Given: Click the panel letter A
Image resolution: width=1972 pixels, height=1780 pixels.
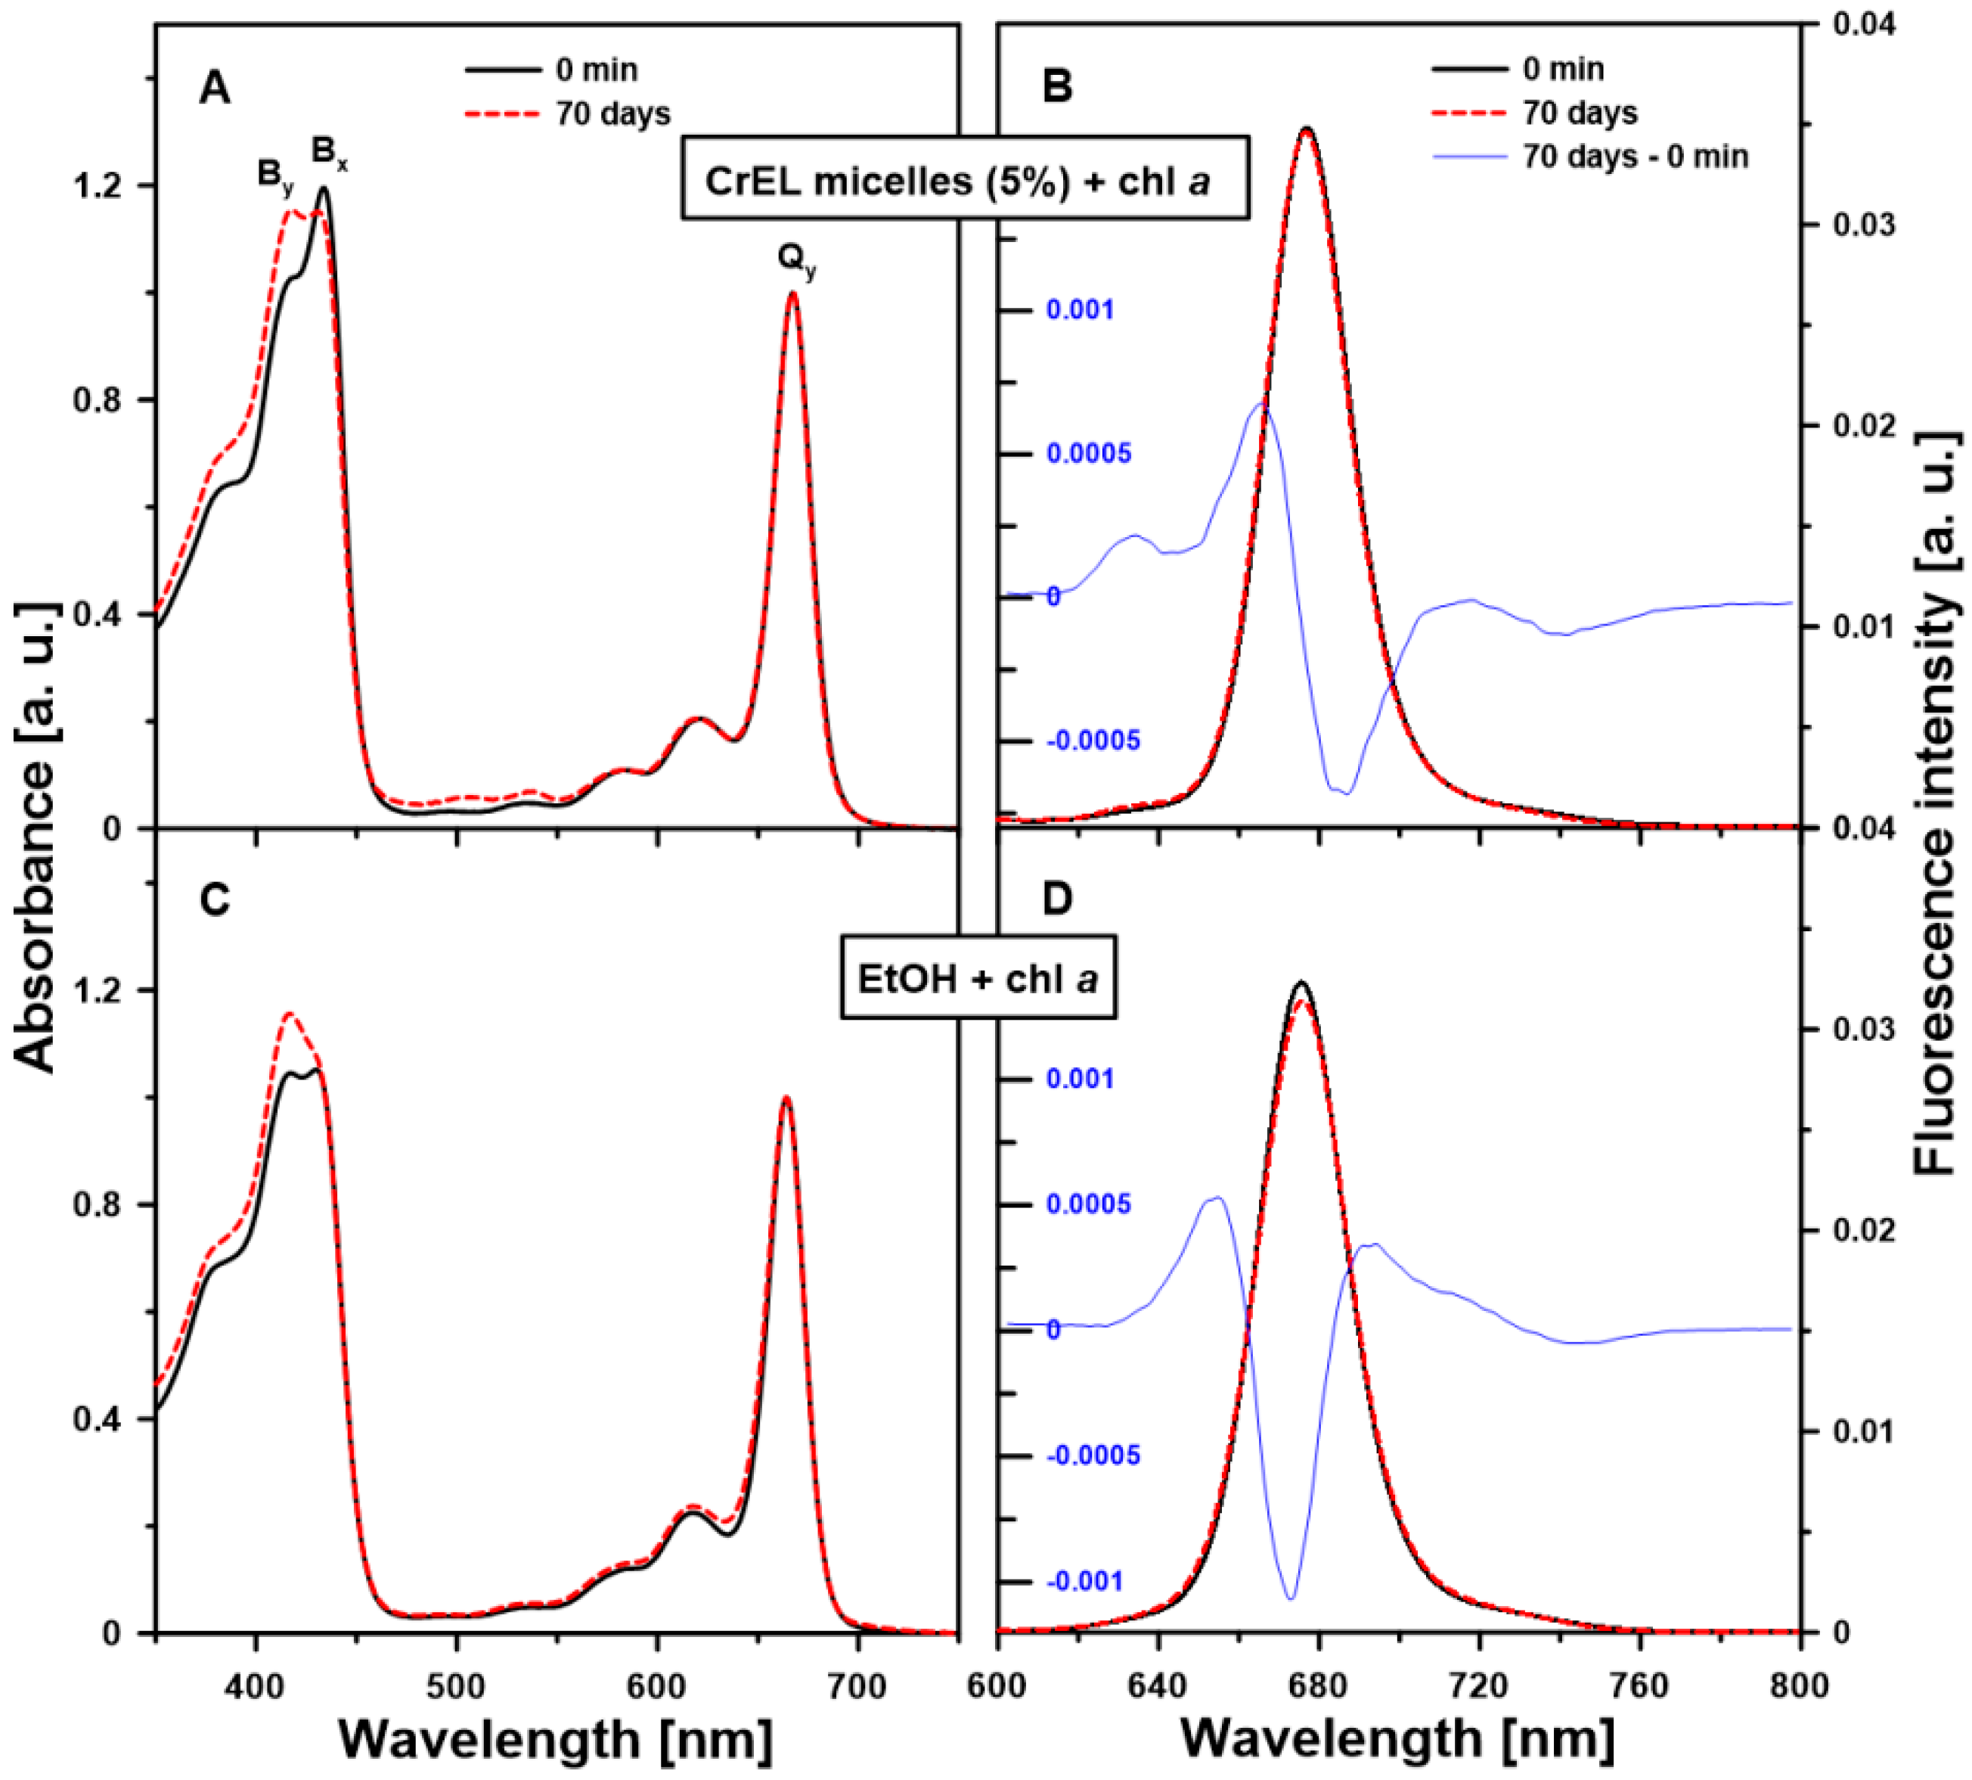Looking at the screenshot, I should [x=214, y=89].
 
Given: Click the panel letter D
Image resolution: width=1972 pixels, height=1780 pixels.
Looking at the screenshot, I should [x=1057, y=899].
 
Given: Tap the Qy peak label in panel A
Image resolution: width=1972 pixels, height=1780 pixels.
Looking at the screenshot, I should [x=796, y=260].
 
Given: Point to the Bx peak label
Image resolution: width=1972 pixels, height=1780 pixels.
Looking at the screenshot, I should [x=328, y=154].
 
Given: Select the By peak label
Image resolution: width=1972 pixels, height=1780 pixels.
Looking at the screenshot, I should [x=274, y=175].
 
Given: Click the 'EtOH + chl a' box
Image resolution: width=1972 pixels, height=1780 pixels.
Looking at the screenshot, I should [x=978, y=978].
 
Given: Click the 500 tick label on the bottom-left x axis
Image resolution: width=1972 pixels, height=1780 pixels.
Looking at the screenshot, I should [x=456, y=1684].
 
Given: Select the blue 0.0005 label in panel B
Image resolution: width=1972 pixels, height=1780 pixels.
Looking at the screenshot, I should [x=1088, y=454].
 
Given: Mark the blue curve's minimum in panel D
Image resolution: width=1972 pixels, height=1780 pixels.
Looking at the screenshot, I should [x=1291, y=1598].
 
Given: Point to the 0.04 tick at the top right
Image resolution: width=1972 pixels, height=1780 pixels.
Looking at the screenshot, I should [x=1863, y=23].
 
